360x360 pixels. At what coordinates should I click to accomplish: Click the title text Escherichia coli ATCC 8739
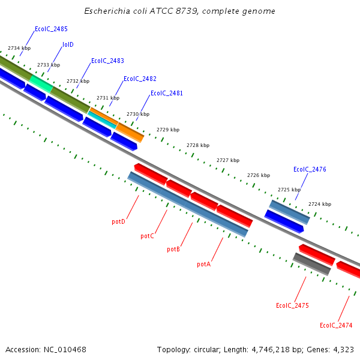[179, 11]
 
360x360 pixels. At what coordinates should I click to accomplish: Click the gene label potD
[118, 222]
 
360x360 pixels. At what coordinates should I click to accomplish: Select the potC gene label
[147, 236]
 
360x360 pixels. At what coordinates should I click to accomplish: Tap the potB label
[173, 250]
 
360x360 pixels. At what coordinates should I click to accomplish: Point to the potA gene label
[203, 264]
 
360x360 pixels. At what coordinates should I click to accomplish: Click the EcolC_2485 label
[51, 29]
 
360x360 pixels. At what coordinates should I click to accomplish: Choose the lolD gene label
[68, 44]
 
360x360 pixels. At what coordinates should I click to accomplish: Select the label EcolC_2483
[107, 61]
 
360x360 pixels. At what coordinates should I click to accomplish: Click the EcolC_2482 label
[140, 79]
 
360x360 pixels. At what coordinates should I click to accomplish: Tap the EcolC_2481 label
[167, 94]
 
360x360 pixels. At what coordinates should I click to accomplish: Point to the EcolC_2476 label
[310, 170]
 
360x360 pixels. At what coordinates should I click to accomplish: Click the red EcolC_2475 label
[292, 306]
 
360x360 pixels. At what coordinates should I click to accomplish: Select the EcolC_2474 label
[336, 326]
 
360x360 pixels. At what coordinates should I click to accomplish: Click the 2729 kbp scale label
[168, 130]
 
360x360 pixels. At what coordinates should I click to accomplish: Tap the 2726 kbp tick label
[259, 176]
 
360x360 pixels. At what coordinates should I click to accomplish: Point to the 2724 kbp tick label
[320, 204]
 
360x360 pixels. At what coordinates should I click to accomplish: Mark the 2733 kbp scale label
[49, 65]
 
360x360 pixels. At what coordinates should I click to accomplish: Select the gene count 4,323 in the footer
[342, 349]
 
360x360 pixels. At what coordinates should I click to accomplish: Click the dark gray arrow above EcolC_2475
[312, 264]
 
